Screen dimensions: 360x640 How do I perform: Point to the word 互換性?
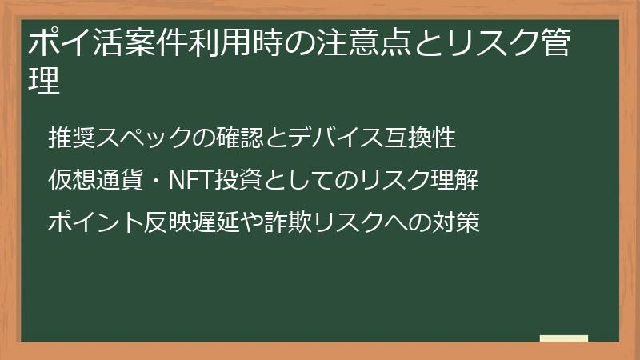421,138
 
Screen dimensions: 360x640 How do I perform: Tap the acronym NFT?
190,180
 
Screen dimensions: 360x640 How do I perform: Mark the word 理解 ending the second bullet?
455,180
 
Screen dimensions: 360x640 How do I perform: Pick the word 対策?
456,222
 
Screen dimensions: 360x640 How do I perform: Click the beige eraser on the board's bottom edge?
564,339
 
